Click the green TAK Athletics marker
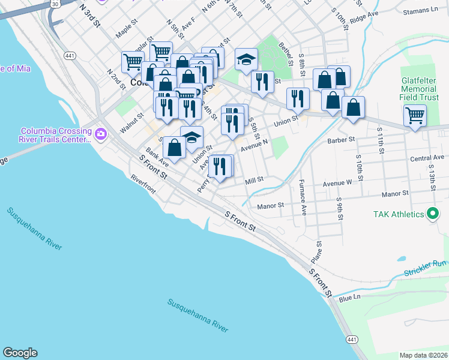(x=432, y=214)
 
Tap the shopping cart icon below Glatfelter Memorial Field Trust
(x=415, y=116)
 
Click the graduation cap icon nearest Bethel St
(x=246, y=60)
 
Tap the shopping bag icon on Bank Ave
(x=174, y=148)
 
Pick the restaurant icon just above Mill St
(x=221, y=166)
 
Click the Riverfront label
(x=143, y=184)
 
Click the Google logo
(x=20, y=353)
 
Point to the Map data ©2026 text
(x=424, y=355)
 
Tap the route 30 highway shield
(x=55, y=4)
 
